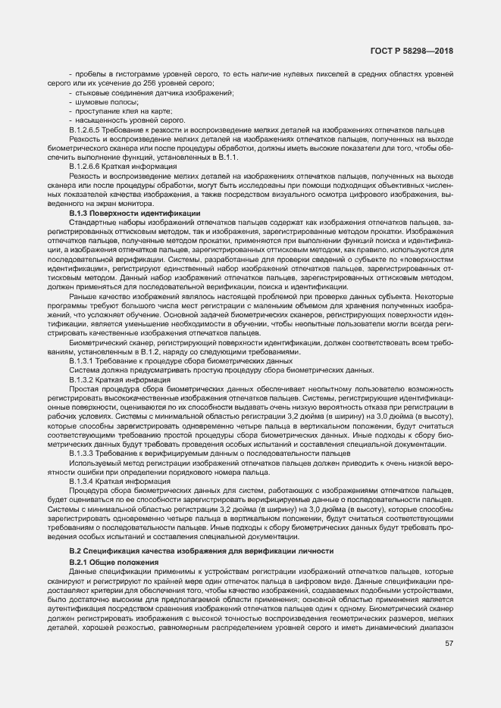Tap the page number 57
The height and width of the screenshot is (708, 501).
(x=449, y=644)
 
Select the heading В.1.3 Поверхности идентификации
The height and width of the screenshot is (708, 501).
(x=134, y=214)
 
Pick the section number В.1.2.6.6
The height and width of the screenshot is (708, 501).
(x=86, y=165)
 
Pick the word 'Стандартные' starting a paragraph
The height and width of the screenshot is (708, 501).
(x=90, y=222)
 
